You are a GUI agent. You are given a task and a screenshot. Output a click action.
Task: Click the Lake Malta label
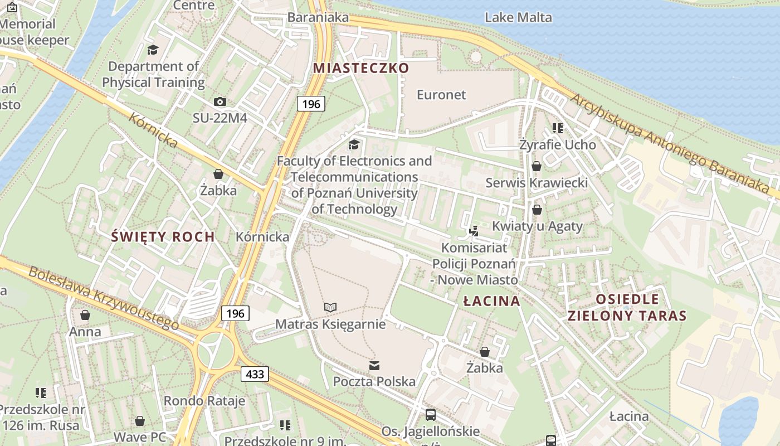point(518,17)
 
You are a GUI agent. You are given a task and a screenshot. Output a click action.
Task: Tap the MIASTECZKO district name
point(361,68)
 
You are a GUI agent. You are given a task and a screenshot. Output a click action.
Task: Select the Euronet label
point(441,95)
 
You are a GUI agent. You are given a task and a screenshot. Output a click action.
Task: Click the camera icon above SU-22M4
point(220,101)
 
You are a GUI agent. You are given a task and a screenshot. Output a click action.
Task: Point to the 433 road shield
point(255,374)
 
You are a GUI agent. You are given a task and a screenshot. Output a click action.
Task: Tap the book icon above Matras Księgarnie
point(330,307)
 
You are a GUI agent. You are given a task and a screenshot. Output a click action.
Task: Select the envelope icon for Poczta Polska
point(374,366)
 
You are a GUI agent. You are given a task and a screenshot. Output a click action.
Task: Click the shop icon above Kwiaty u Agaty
point(537,210)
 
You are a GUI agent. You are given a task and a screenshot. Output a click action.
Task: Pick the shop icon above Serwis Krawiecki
point(536,166)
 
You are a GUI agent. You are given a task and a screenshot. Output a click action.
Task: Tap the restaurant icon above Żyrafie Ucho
point(557,128)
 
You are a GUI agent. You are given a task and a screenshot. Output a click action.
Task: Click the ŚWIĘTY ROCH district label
point(163,236)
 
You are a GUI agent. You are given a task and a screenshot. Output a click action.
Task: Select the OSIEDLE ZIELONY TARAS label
point(627,307)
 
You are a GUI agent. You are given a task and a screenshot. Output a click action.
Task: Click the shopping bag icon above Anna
point(85,316)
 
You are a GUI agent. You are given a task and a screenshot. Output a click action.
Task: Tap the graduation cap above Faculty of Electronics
point(354,145)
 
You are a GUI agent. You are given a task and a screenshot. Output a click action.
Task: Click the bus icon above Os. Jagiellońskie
point(430,415)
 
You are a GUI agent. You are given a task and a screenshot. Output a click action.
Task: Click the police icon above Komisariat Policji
point(474,230)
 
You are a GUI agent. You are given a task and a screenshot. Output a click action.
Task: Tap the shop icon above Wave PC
point(140,421)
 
